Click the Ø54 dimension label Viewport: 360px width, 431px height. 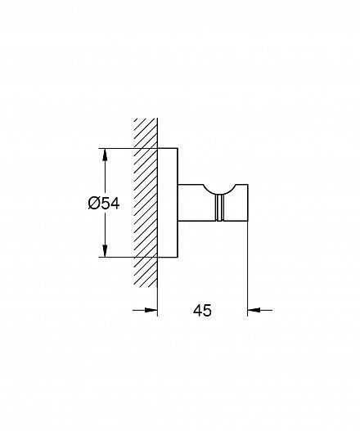tap(104, 204)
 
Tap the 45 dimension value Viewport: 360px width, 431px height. tap(202, 310)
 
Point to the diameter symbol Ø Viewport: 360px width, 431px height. tap(93, 204)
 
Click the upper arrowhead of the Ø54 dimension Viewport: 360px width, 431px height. tap(105, 155)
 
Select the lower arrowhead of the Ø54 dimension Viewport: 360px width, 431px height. tap(105, 251)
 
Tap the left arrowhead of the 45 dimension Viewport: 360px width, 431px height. tap(151, 310)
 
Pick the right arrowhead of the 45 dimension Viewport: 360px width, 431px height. tap(254, 310)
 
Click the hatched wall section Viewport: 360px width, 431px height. tap(146, 204)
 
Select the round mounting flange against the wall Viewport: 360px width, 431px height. tap(168, 203)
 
